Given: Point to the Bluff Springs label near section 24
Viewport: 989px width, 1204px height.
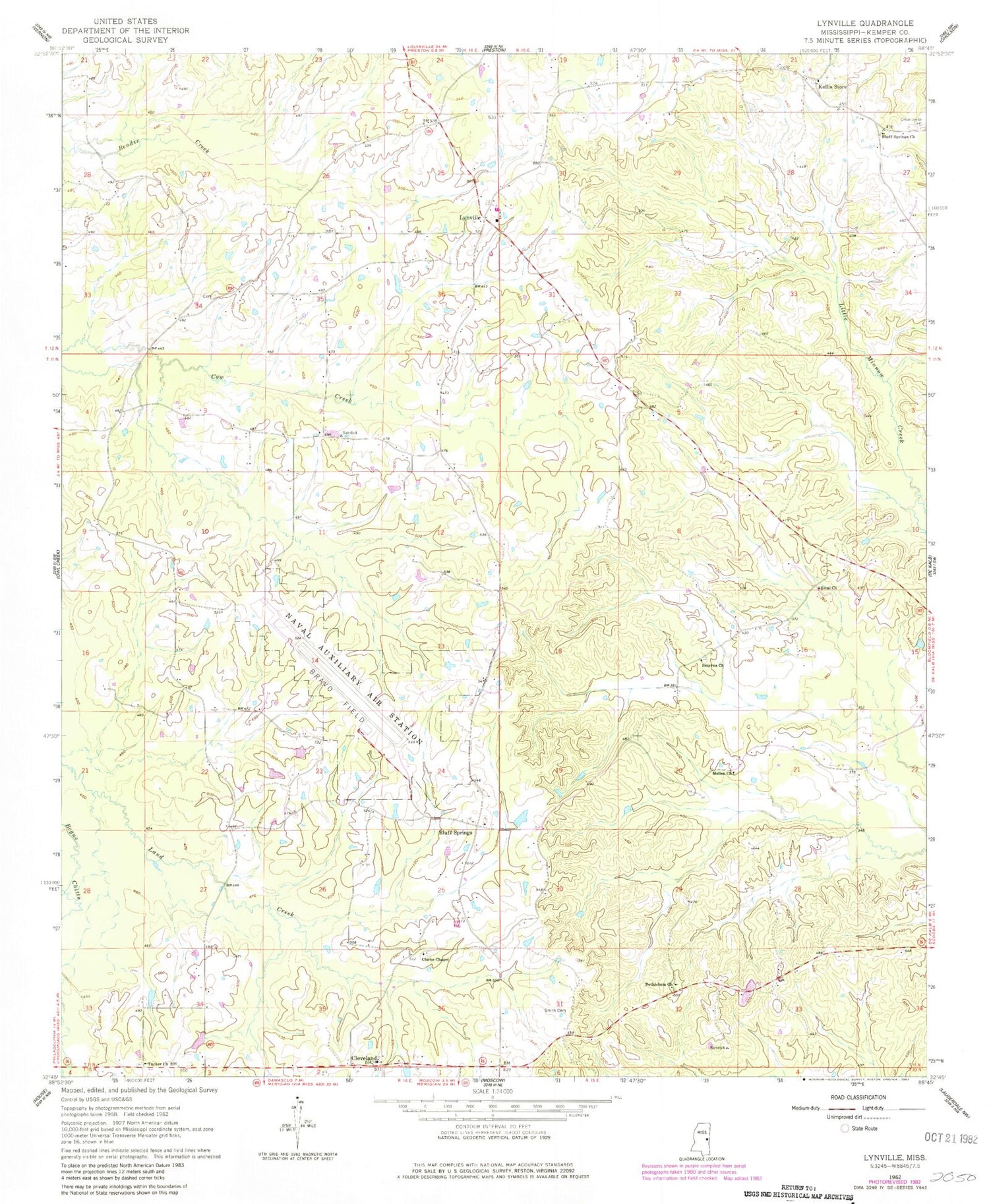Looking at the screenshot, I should (x=456, y=832).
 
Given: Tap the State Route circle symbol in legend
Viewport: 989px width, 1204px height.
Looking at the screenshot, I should (x=845, y=1128).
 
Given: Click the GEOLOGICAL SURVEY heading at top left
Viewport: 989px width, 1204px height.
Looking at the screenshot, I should (x=125, y=40).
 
